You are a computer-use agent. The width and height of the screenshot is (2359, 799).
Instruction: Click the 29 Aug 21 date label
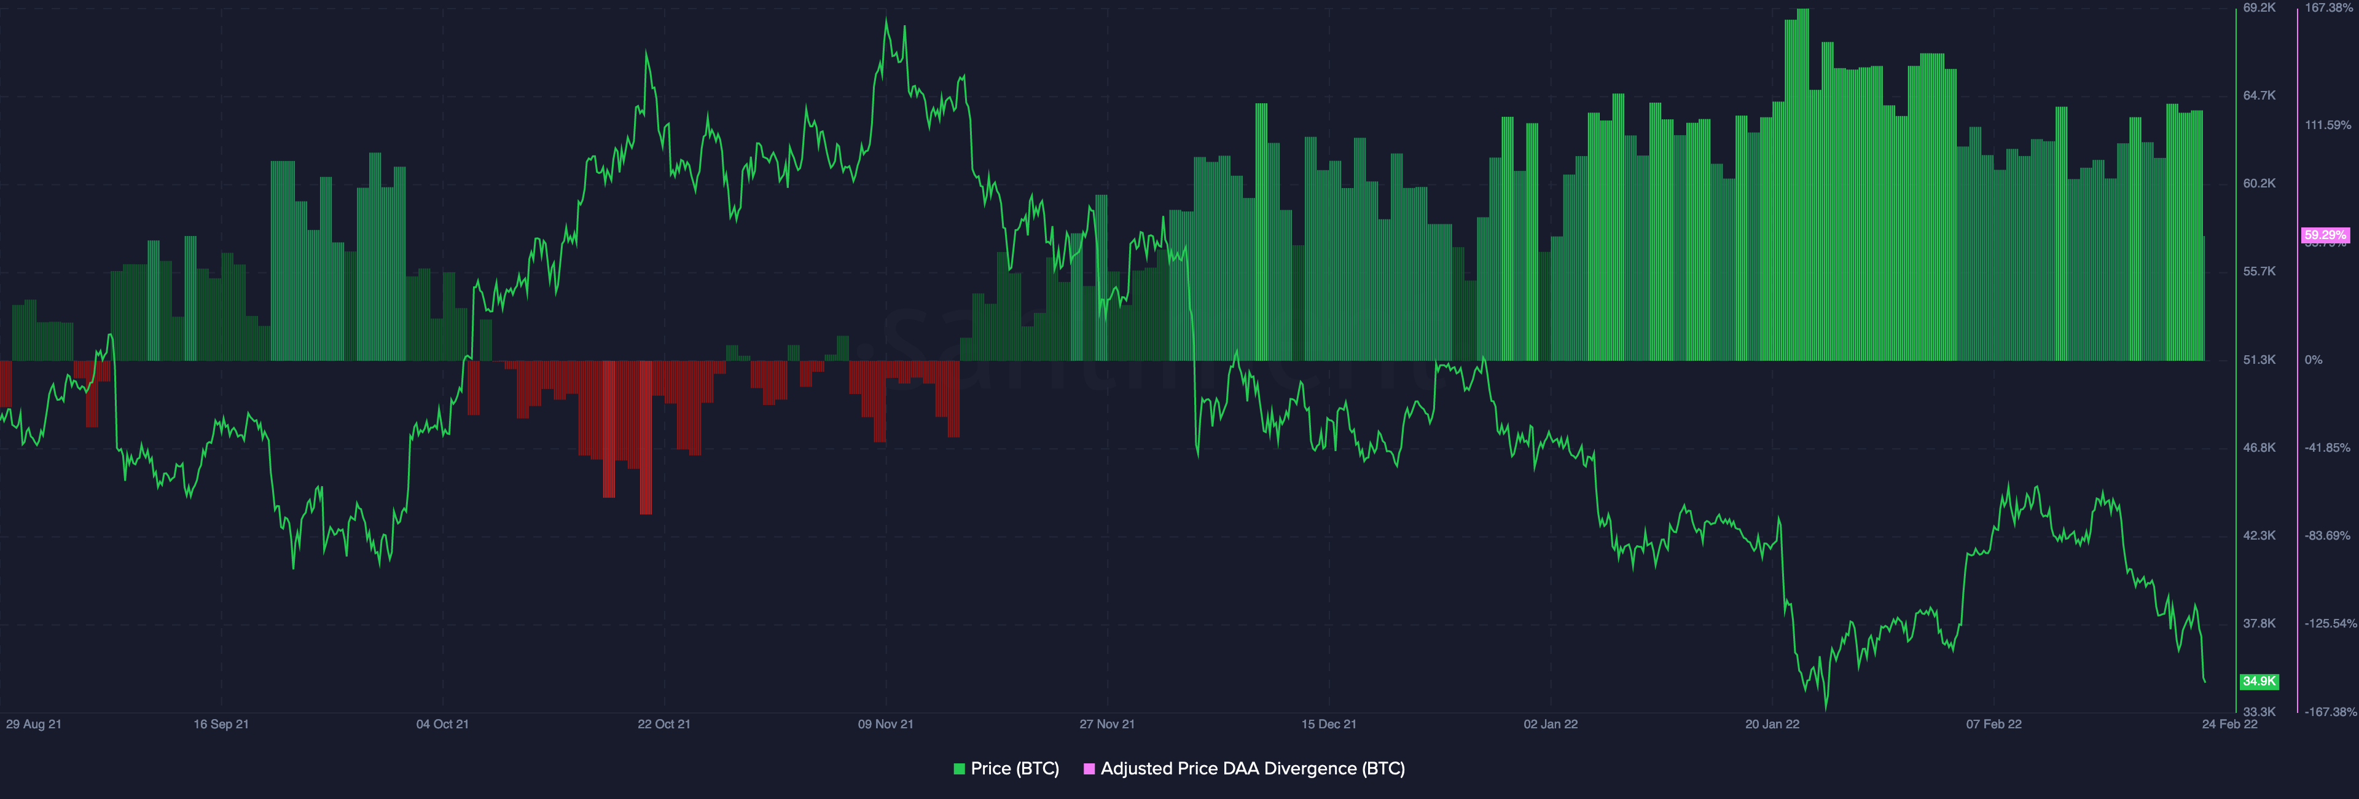point(34,724)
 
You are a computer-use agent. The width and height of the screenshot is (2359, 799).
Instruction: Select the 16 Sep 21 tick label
point(221,724)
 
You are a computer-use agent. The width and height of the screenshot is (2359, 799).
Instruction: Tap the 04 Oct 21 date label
point(442,724)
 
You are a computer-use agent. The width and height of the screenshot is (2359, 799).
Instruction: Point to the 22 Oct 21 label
point(664,724)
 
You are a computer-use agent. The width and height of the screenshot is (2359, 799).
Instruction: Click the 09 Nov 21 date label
point(885,724)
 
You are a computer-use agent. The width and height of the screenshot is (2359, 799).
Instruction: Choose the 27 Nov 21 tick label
point(1106,724)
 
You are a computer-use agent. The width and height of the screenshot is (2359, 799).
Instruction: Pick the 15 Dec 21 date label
point(1329,724)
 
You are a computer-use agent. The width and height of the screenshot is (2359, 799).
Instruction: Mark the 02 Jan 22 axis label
point(1551,724)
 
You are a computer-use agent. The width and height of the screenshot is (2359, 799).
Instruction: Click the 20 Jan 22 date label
point(1772,724)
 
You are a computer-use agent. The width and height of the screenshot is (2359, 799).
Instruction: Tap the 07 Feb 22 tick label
point(1993,724)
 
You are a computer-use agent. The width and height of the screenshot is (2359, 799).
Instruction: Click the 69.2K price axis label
point(2259,7)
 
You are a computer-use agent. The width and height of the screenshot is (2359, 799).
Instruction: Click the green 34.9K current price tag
point(2259,682)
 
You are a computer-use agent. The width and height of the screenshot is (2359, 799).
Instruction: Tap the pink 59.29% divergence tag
point(2325,235)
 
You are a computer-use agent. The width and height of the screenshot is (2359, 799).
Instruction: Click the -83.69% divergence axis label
point(2327,536)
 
